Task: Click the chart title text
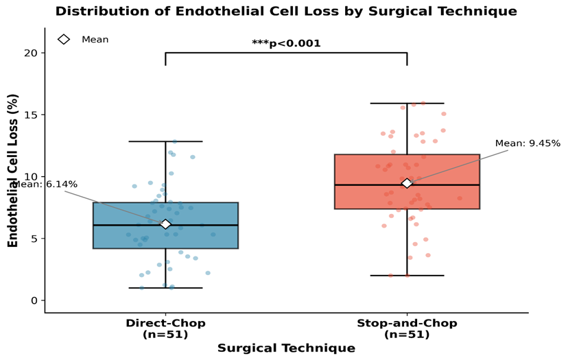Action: tap(286, 11)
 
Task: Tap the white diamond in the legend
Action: tap(64, 40)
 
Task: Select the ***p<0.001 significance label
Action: tap(286, 43)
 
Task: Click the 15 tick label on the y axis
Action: tap(31, 115)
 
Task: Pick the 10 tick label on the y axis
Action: tap(31, 177)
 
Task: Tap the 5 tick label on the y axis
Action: tap(34, 239)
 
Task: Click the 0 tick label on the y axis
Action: tap(34, 300)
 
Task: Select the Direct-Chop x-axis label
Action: tap(165, 328)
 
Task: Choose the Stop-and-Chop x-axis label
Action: tap(407, 328)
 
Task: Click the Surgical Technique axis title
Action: tap(286, 348)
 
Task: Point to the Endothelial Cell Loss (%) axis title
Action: tap(12, 171)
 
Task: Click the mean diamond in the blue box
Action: tap(165, 224)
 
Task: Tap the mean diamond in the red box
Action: tap(407, 183)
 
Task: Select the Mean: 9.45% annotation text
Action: tap(528, 143)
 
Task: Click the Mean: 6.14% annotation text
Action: tap(45, 184)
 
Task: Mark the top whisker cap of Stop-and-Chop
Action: tap(407, 104)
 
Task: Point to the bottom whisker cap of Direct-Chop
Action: tap(165, 288)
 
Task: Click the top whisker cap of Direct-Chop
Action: tap(165, 141)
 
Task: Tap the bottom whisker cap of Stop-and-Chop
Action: tap(407, 276)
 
